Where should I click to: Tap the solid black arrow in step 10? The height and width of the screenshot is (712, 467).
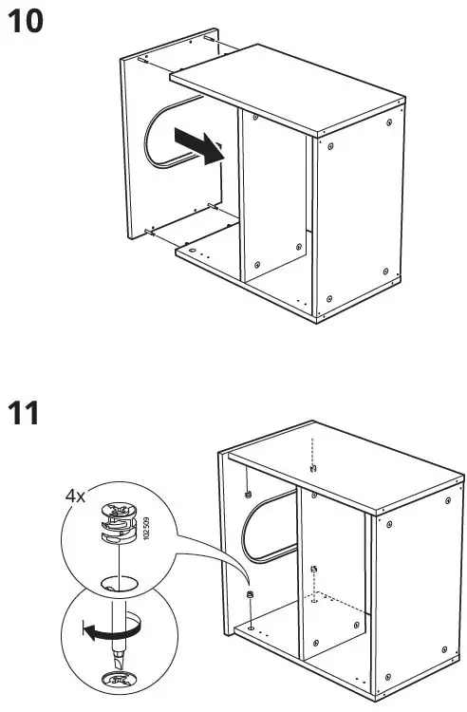tap(201, 146)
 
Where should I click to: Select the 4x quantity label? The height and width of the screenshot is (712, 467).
tap(76, 496)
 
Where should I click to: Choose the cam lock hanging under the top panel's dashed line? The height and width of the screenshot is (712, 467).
tap(312, 468)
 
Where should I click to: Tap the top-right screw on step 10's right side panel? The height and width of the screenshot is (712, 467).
tap(390, 123)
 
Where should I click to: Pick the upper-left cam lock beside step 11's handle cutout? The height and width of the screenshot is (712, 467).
tap(246, 495)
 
